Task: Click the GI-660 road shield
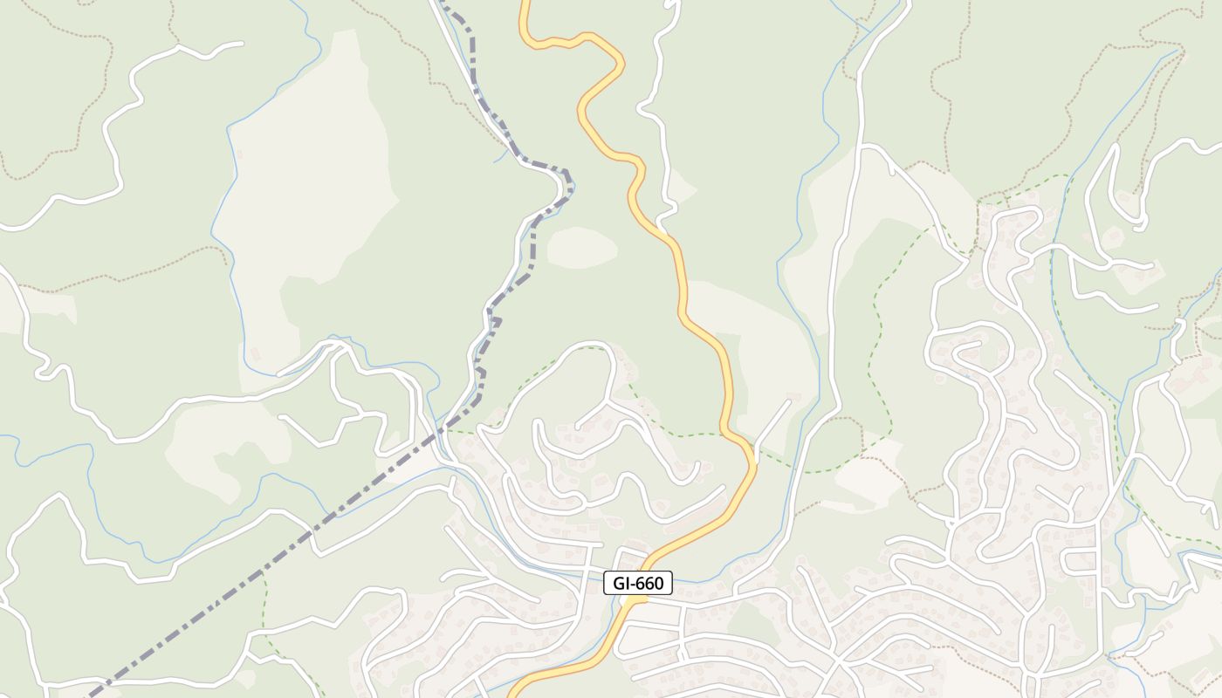click(638, 583)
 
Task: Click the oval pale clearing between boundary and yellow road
click(581, 247)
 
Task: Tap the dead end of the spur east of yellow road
click(789, 402)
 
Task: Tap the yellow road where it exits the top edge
click(525, 3)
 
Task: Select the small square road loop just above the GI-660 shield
click(630, 558)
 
